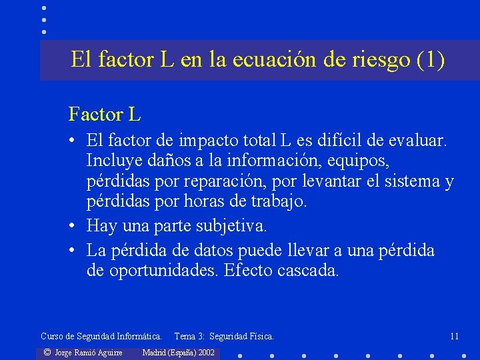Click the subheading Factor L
point(105,115)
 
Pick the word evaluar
point(420,141)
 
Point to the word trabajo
point(276,201)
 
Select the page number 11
point(454,336)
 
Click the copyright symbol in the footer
point(47,352)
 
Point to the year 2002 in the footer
point(205,352)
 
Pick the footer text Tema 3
point(189,336)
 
